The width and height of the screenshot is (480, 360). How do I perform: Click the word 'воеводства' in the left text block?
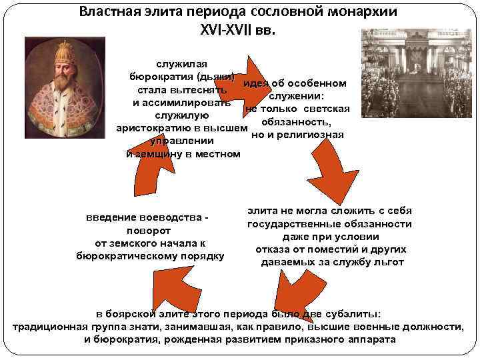coord(171,219)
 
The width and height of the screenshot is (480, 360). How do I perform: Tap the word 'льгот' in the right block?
coord(390,262)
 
